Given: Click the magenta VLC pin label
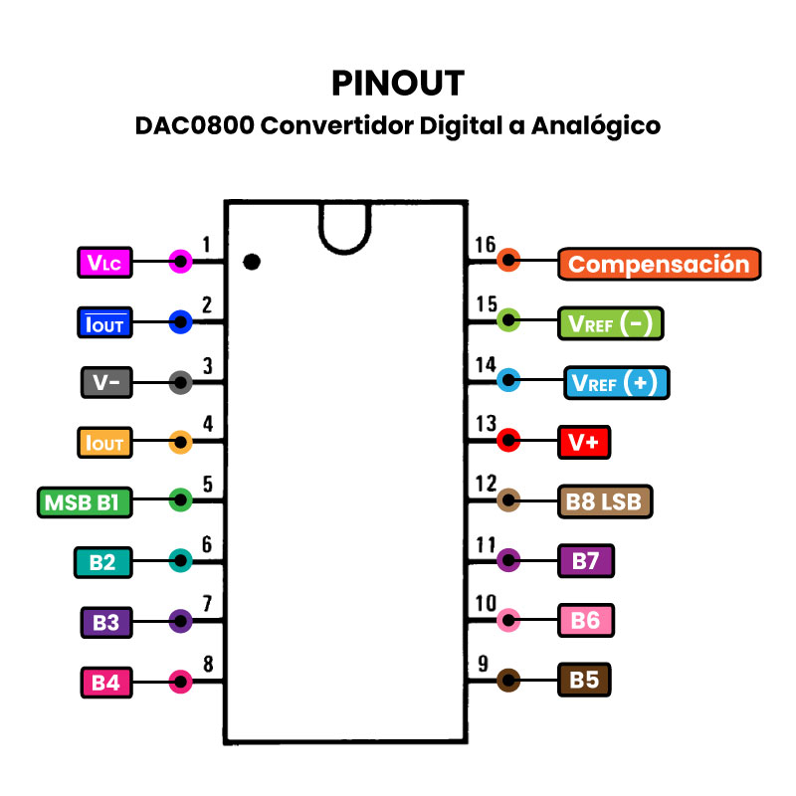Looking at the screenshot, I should pyautogui.click(x=104, y=263).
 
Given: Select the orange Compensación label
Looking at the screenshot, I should pyautogui.click(x=659, y=264).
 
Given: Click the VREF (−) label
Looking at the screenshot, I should pyautogui.click(x=610, y=323).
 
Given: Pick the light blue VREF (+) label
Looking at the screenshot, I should pyautogui.click(x=617, y=383).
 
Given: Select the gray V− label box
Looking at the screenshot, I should pyautogui.click(x=104, y=382).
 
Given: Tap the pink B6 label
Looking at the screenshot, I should pyautogui.click(x=585, y=621).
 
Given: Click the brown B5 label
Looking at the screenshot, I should pyautogui.click(x=584, y=681).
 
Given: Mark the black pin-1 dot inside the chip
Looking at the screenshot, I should pyautogui.click(x=252, y=262).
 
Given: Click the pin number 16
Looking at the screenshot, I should pyautogui.click(x=486, y=245).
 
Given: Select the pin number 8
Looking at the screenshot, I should pyautogui.click(x=208, y=664).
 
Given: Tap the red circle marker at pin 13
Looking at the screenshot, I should pyautogui.click(x=508, y=440).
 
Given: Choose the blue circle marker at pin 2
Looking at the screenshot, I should pyautogui.click(x=180, y=320).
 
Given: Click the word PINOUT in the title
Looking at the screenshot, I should pyautogui.click(x=398, y=83).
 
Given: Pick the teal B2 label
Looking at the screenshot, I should pyautogui.click(x=102, y=562).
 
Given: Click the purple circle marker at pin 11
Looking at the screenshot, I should pyautogui.click(x=508, y=559).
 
